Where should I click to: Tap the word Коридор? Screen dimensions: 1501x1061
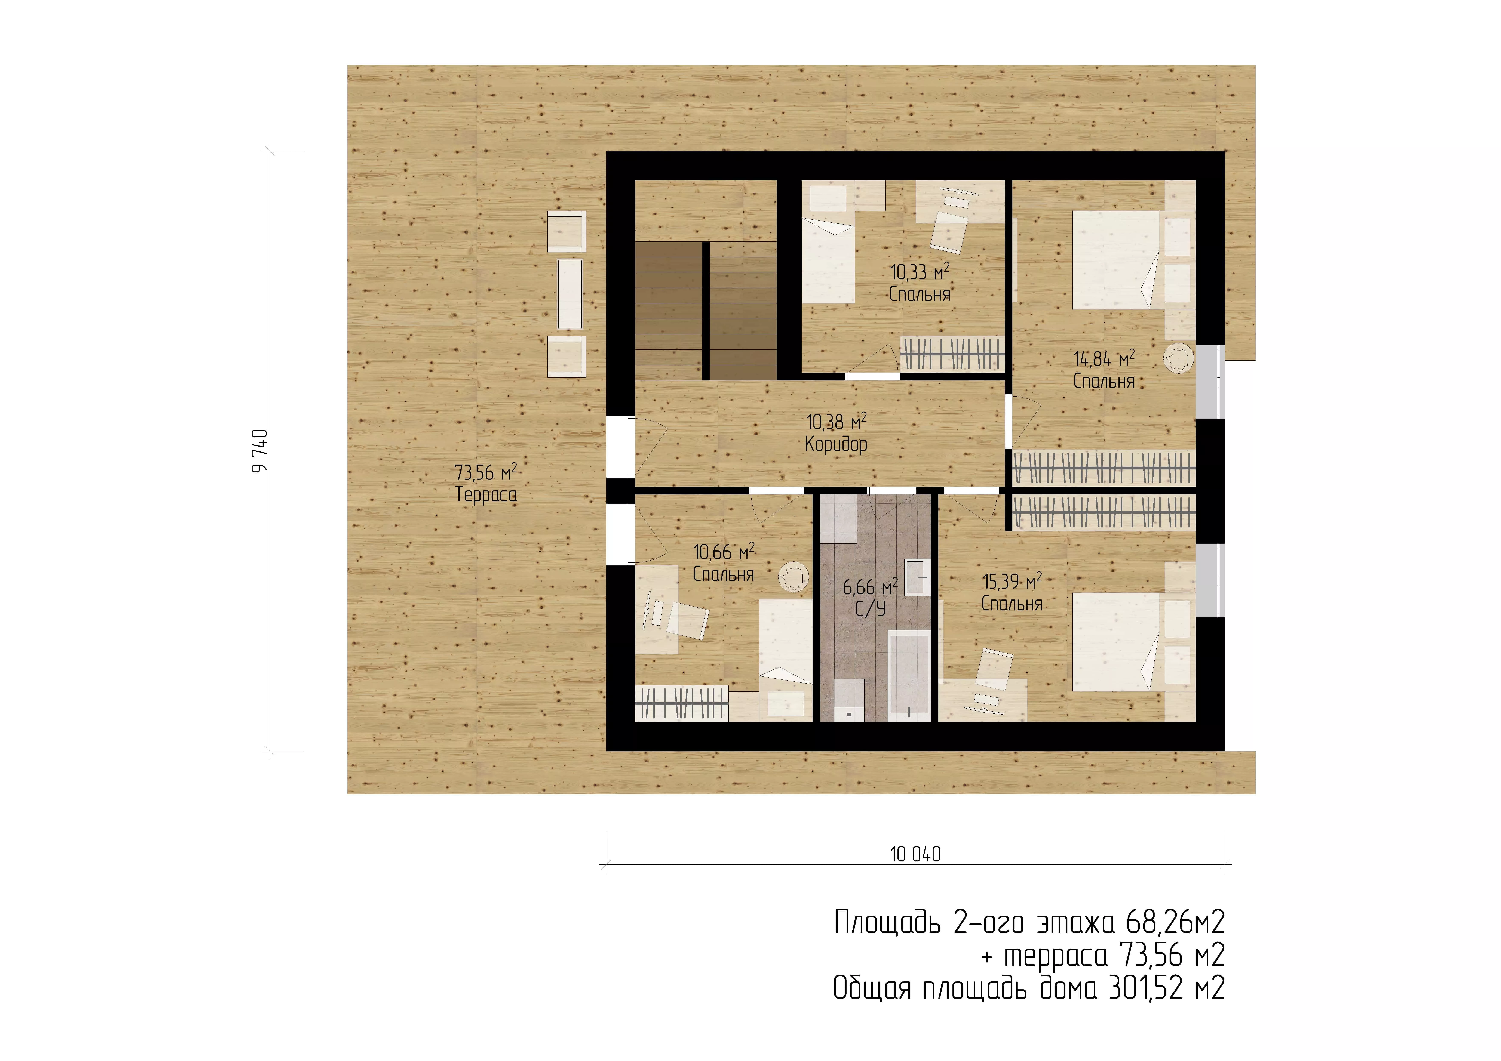pos(836,445)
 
